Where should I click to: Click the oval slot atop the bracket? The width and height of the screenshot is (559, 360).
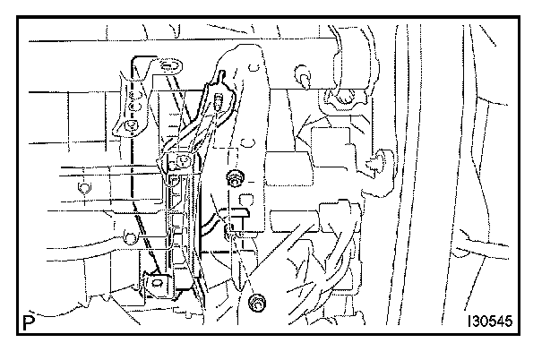coord(168,64)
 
